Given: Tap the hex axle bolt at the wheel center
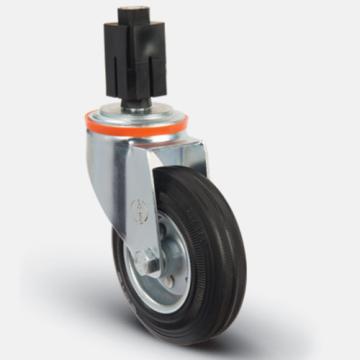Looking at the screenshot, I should (147, 266).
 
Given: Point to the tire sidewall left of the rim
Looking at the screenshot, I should (120, 265).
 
